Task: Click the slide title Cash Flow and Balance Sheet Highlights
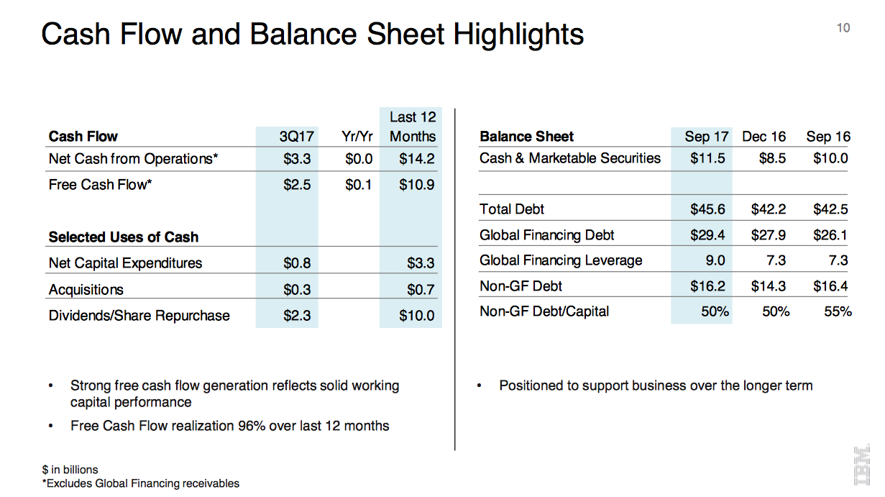click(312, 35)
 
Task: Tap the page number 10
click(843, 28)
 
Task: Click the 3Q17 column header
click(295, 137)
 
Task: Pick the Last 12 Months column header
click(413, 127)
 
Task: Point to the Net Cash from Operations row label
click(133, 159)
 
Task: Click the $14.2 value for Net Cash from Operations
click(417, 159)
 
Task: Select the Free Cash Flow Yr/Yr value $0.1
click(358, 185)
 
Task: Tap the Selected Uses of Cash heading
click(123, 237)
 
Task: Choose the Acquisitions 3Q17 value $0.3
click(297, 290)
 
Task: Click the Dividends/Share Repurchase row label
click(139, 316)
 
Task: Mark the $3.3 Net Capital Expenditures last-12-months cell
click(421, 263)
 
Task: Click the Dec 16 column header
click(764, 137)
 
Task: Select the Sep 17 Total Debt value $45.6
click(707, 209)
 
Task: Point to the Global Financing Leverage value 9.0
click(715, 260)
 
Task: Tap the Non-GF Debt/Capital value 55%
click(837, 311)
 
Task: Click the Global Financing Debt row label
click(547, 235)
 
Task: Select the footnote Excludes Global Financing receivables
click(141, 483)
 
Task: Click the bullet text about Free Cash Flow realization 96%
click(229, 426)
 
